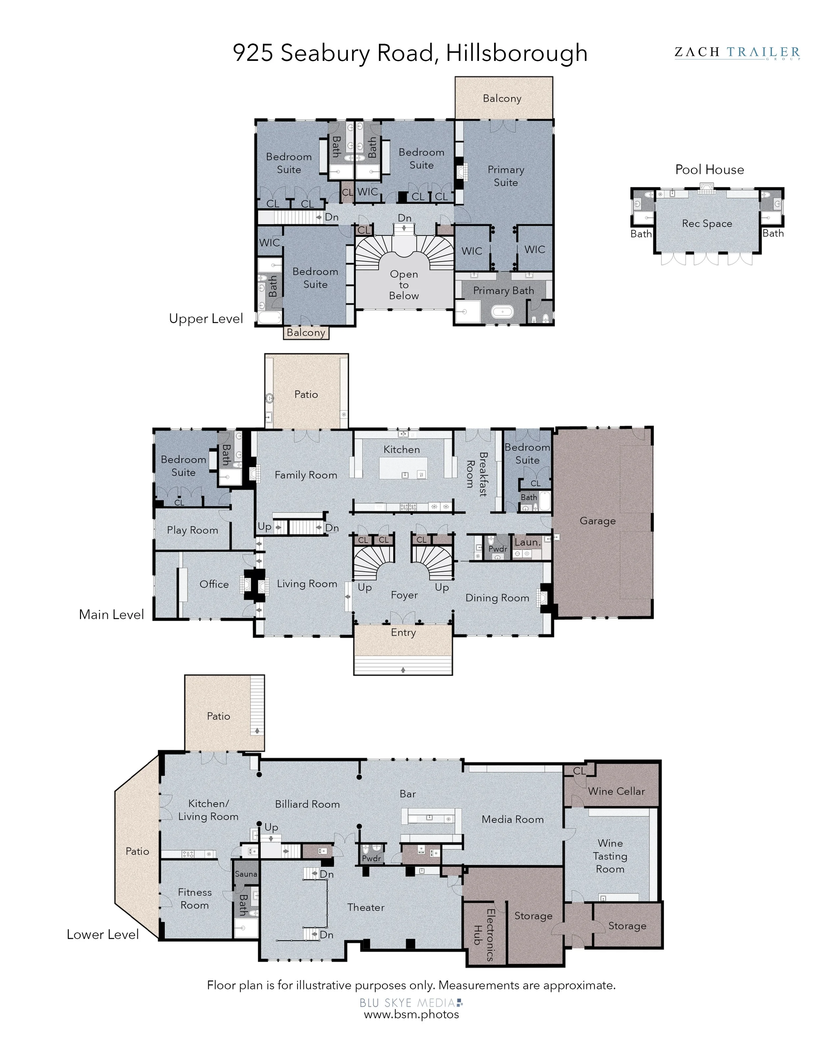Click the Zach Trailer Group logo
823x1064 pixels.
[x=737, y=53]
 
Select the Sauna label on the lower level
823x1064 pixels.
[x=246, y=874]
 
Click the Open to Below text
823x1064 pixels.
[x=404, y=285]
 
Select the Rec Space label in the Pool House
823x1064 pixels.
[x=707, y=224]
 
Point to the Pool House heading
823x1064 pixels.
[x=709, y=169]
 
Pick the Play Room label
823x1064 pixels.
[x=192, y=530]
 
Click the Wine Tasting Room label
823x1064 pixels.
[x=610, y=856]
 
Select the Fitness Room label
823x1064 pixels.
[x=195, y=898]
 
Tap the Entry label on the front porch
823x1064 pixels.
[x=403, y=632]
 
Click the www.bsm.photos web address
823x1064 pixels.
[x=411, y=1014]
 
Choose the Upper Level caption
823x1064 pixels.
[x=206, y=319]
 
